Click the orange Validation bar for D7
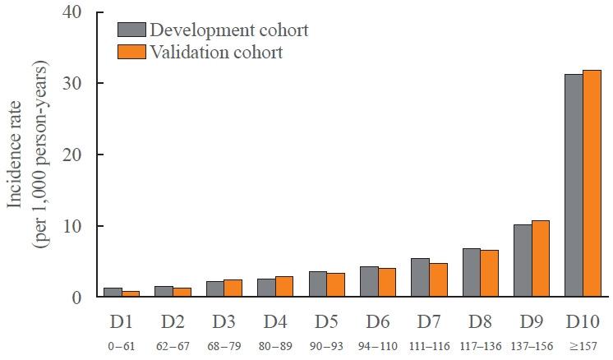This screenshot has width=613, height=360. [438, 279]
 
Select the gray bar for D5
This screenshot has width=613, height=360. [318, 284]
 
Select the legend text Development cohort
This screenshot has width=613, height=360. [229, 30]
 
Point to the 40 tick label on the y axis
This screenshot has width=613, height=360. [71, 12]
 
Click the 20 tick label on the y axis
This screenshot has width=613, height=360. [71, 155]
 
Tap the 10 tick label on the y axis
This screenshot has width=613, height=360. [71, 226]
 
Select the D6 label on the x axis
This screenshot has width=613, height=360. [378, 319]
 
